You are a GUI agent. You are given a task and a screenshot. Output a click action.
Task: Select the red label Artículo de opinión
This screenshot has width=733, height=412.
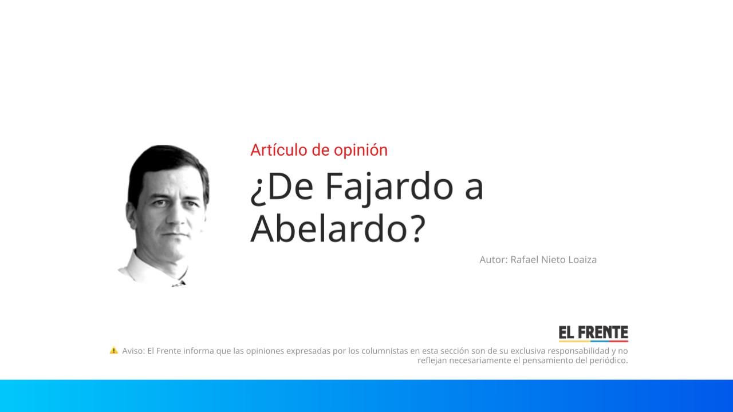pos(319,150)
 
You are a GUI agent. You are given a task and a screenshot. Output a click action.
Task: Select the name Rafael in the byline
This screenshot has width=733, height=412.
pos(525,260)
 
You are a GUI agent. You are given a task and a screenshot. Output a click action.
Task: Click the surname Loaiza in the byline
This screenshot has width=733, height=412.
pos(582,260)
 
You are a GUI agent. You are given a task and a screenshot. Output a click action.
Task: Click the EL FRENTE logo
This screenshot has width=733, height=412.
pos(593,334)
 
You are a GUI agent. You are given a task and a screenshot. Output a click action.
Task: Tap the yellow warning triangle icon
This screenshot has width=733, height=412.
pos(113,350)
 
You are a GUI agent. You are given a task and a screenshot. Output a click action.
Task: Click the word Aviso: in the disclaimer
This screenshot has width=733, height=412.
pos(133,351)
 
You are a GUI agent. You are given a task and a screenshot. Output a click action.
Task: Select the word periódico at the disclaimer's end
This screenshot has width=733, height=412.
pos(606,360)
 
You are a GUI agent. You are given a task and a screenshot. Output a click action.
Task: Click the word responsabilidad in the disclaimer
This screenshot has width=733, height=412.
pos(578,351)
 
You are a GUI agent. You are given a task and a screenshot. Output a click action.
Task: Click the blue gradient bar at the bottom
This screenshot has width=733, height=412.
pos(366,396)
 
